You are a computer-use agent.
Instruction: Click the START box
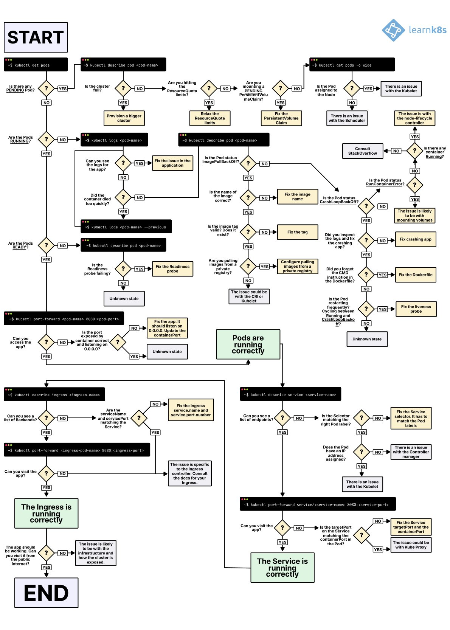[x=36, y=37]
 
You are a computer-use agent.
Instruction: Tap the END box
[x=46, y=593]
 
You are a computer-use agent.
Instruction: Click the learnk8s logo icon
[x=393, y=30]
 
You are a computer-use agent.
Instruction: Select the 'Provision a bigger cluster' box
[x=124, y=118]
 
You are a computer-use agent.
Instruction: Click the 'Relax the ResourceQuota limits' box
[x=209, y=118]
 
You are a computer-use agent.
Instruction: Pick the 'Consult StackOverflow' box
[x=362, y=151]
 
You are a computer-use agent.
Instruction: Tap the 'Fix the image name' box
[x=297, y=197]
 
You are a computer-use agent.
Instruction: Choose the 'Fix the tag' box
[x=297, y=232]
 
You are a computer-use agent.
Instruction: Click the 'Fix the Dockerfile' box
[x=415, y=275]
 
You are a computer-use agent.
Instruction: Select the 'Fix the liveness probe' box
[x=416, y=309]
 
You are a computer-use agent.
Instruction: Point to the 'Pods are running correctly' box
[x=248, y=344]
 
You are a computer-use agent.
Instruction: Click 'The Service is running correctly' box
[x=282, y=568]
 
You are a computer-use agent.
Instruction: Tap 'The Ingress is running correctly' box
[x=46, y=513]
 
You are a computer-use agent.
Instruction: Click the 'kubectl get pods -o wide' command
[x=352, y=65]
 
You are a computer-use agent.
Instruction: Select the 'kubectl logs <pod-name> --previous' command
[x=126, y=227]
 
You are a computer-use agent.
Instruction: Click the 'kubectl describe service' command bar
[x=290, y=394]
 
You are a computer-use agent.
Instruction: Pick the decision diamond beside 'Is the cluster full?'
[x=123, y=88]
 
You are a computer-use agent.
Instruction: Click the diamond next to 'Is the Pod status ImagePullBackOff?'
[x=248, y=163]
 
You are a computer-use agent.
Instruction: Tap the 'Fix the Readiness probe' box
[x=172, y=269]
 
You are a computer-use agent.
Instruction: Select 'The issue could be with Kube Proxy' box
[x=411, y=545]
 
